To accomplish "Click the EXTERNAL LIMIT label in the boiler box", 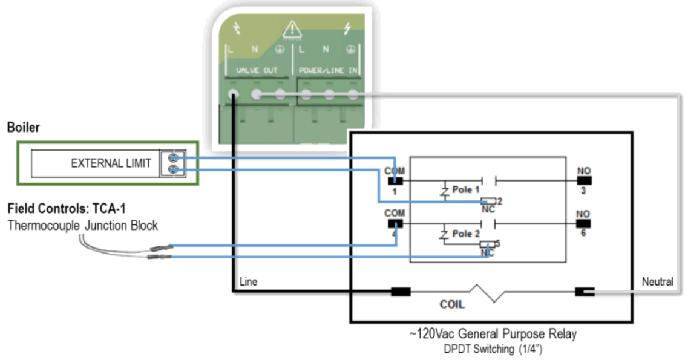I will coord(111,163).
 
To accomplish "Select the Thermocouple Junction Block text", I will coord(83,226).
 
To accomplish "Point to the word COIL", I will coord(451,304).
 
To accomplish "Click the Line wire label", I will coord(249,282).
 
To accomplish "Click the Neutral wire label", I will coord(657,282).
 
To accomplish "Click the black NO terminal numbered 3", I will coord(583,180).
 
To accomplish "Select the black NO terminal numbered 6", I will coord(583,223).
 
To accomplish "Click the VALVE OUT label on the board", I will coord(257,71).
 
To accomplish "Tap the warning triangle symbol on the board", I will coord(292,28).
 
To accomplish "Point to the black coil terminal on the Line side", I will coord(400,292).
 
